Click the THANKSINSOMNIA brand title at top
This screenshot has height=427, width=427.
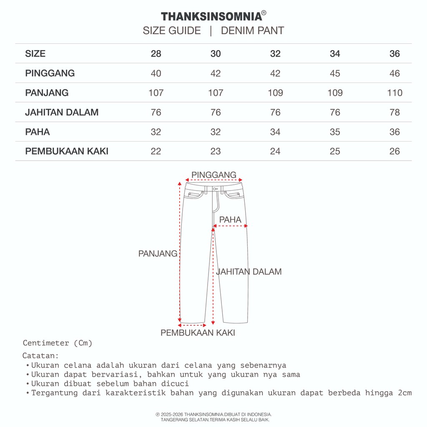[212, 16]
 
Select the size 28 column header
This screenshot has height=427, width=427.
[156, 54]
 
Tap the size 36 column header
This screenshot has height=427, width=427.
[394, 54]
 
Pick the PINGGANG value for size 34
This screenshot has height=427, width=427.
[335, 73]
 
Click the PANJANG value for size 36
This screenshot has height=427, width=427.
[394, 93]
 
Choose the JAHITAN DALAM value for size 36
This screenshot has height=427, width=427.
[394, 112]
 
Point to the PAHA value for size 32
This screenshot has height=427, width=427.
[275, 132]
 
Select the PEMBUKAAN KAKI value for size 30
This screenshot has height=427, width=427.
[216, 151]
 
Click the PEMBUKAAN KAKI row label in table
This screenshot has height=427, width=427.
[67, 151]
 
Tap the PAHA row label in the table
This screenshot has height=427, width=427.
[38, 132]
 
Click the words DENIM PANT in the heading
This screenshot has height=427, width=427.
[252, 31]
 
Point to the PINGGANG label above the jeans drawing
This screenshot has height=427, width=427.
[213, 175]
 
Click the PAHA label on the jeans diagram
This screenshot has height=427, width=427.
[230, 219]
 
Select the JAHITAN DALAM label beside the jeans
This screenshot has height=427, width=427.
[249, 271]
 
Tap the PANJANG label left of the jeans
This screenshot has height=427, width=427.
[158, 254]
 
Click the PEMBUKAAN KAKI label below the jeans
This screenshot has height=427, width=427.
[198, 333]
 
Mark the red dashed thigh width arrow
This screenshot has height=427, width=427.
[231, 226]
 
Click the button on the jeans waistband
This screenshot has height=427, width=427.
[214, 189]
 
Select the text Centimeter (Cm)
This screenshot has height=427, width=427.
[58, 343]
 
